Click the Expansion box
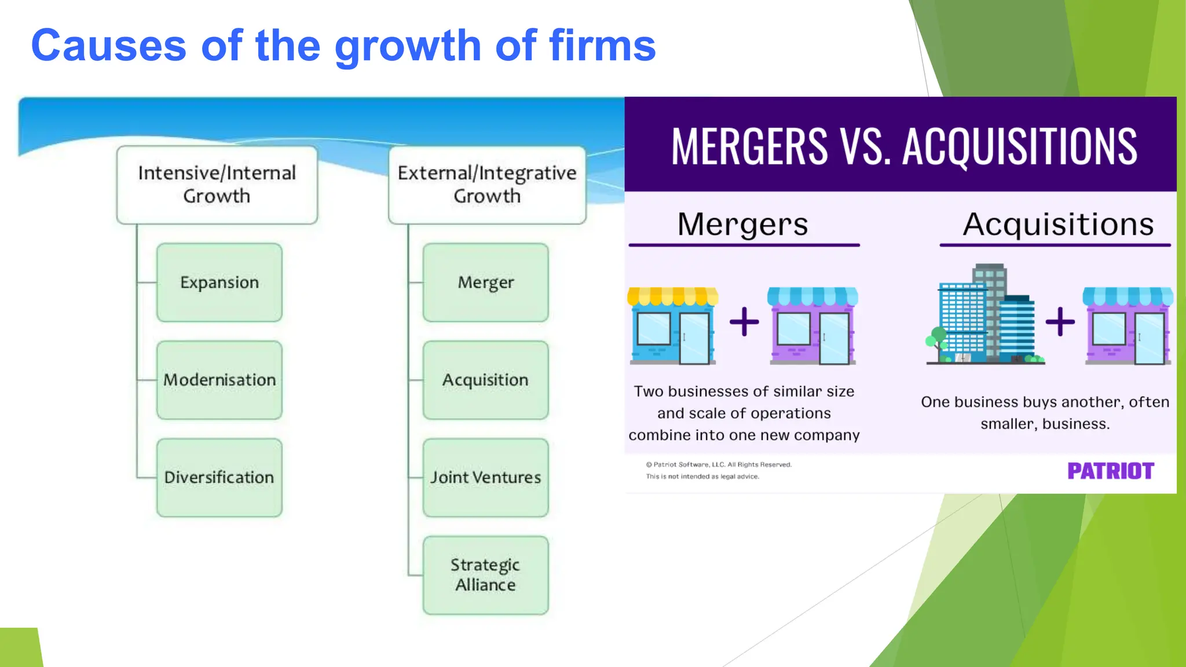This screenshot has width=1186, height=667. (x=219, y=283)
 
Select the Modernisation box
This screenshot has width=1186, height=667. (x=219, y=380)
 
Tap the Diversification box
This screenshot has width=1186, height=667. (x=219, y=478)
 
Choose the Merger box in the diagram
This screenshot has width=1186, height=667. (x=485, y=283)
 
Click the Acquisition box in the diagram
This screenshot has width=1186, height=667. (x=485, y=380)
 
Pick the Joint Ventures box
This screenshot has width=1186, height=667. (x=485, y=478)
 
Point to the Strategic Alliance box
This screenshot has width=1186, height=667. (x=485, y=575)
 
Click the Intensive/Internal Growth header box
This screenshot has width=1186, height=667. (x=217, y=185)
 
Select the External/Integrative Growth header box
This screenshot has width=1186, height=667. (x=487, y=185)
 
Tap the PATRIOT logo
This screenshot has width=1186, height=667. (x=1111, y=471)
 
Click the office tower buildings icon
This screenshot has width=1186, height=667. (x=984, y=316)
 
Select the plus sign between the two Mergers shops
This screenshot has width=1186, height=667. (x=744, y=322)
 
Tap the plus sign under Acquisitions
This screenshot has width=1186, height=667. (x=1060, y=322)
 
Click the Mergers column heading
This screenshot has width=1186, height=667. (x=743, y=224)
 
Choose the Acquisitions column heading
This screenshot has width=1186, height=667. (x=1058, y=224)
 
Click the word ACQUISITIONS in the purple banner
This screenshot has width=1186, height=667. (x=1020, y=146)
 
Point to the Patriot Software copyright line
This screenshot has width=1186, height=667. (x=719, y=464)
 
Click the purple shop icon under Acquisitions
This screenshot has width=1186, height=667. (x=1128, y=326)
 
